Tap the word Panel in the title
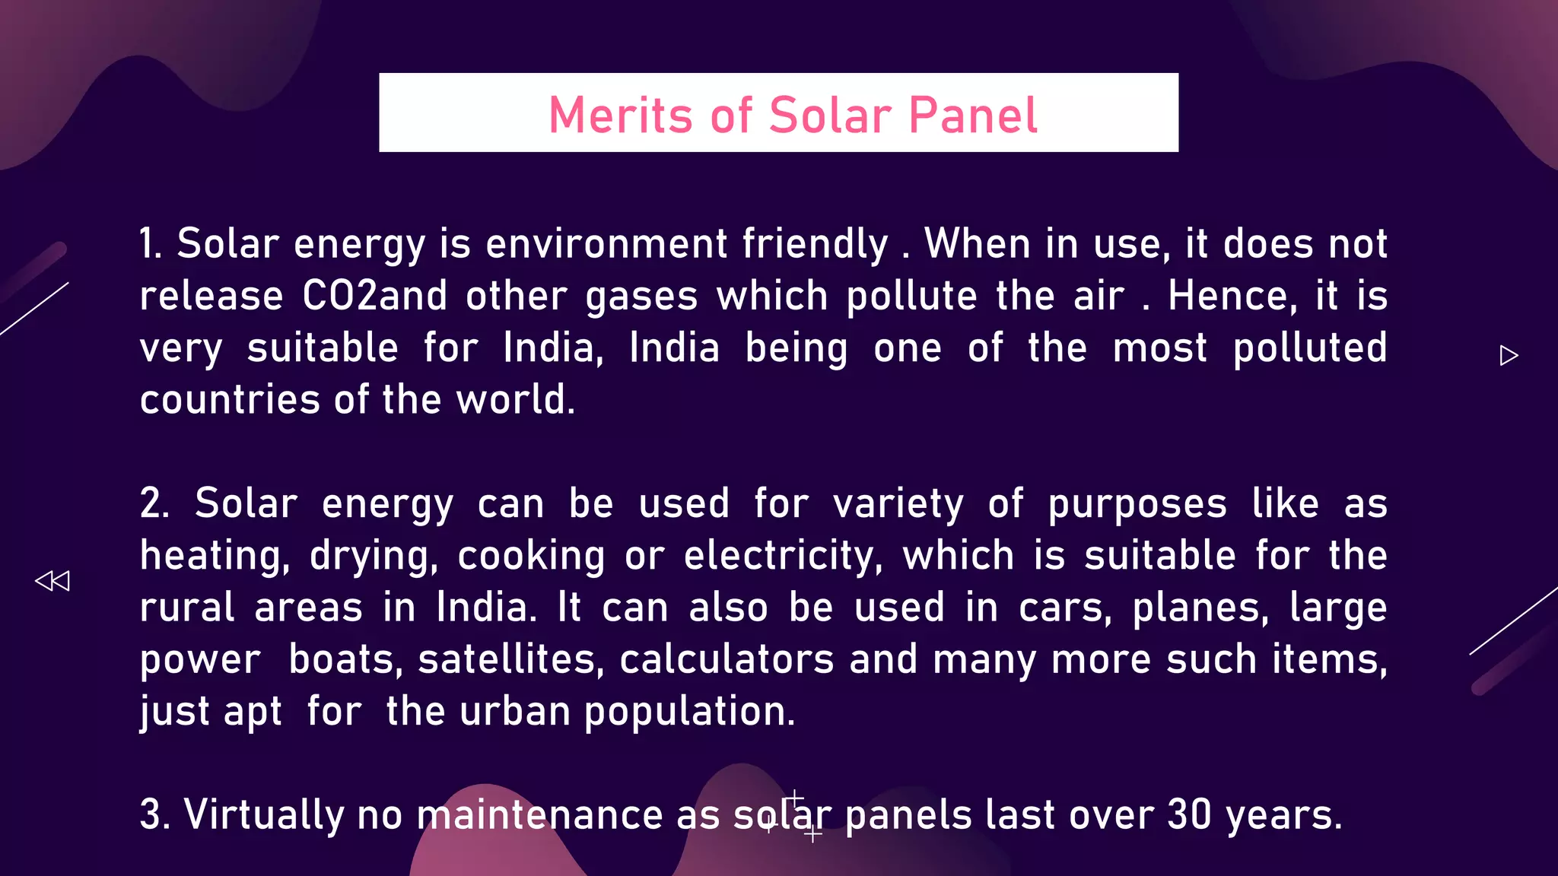(x=973, y=116)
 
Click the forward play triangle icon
(x=1509, y=355)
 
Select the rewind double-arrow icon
(x=52, y=581)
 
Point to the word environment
(x=606, y=244)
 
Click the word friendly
(x=815, y=244)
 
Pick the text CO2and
(x=374, y=296)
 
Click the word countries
(x=230, y=399)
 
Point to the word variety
(x=898, y=503)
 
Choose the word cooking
(x=531, y=555)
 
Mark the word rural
(x=187, y=607)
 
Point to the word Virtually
(x=264, y=814)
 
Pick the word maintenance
(x=539, y=814)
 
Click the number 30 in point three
(x=1188, y=814)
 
